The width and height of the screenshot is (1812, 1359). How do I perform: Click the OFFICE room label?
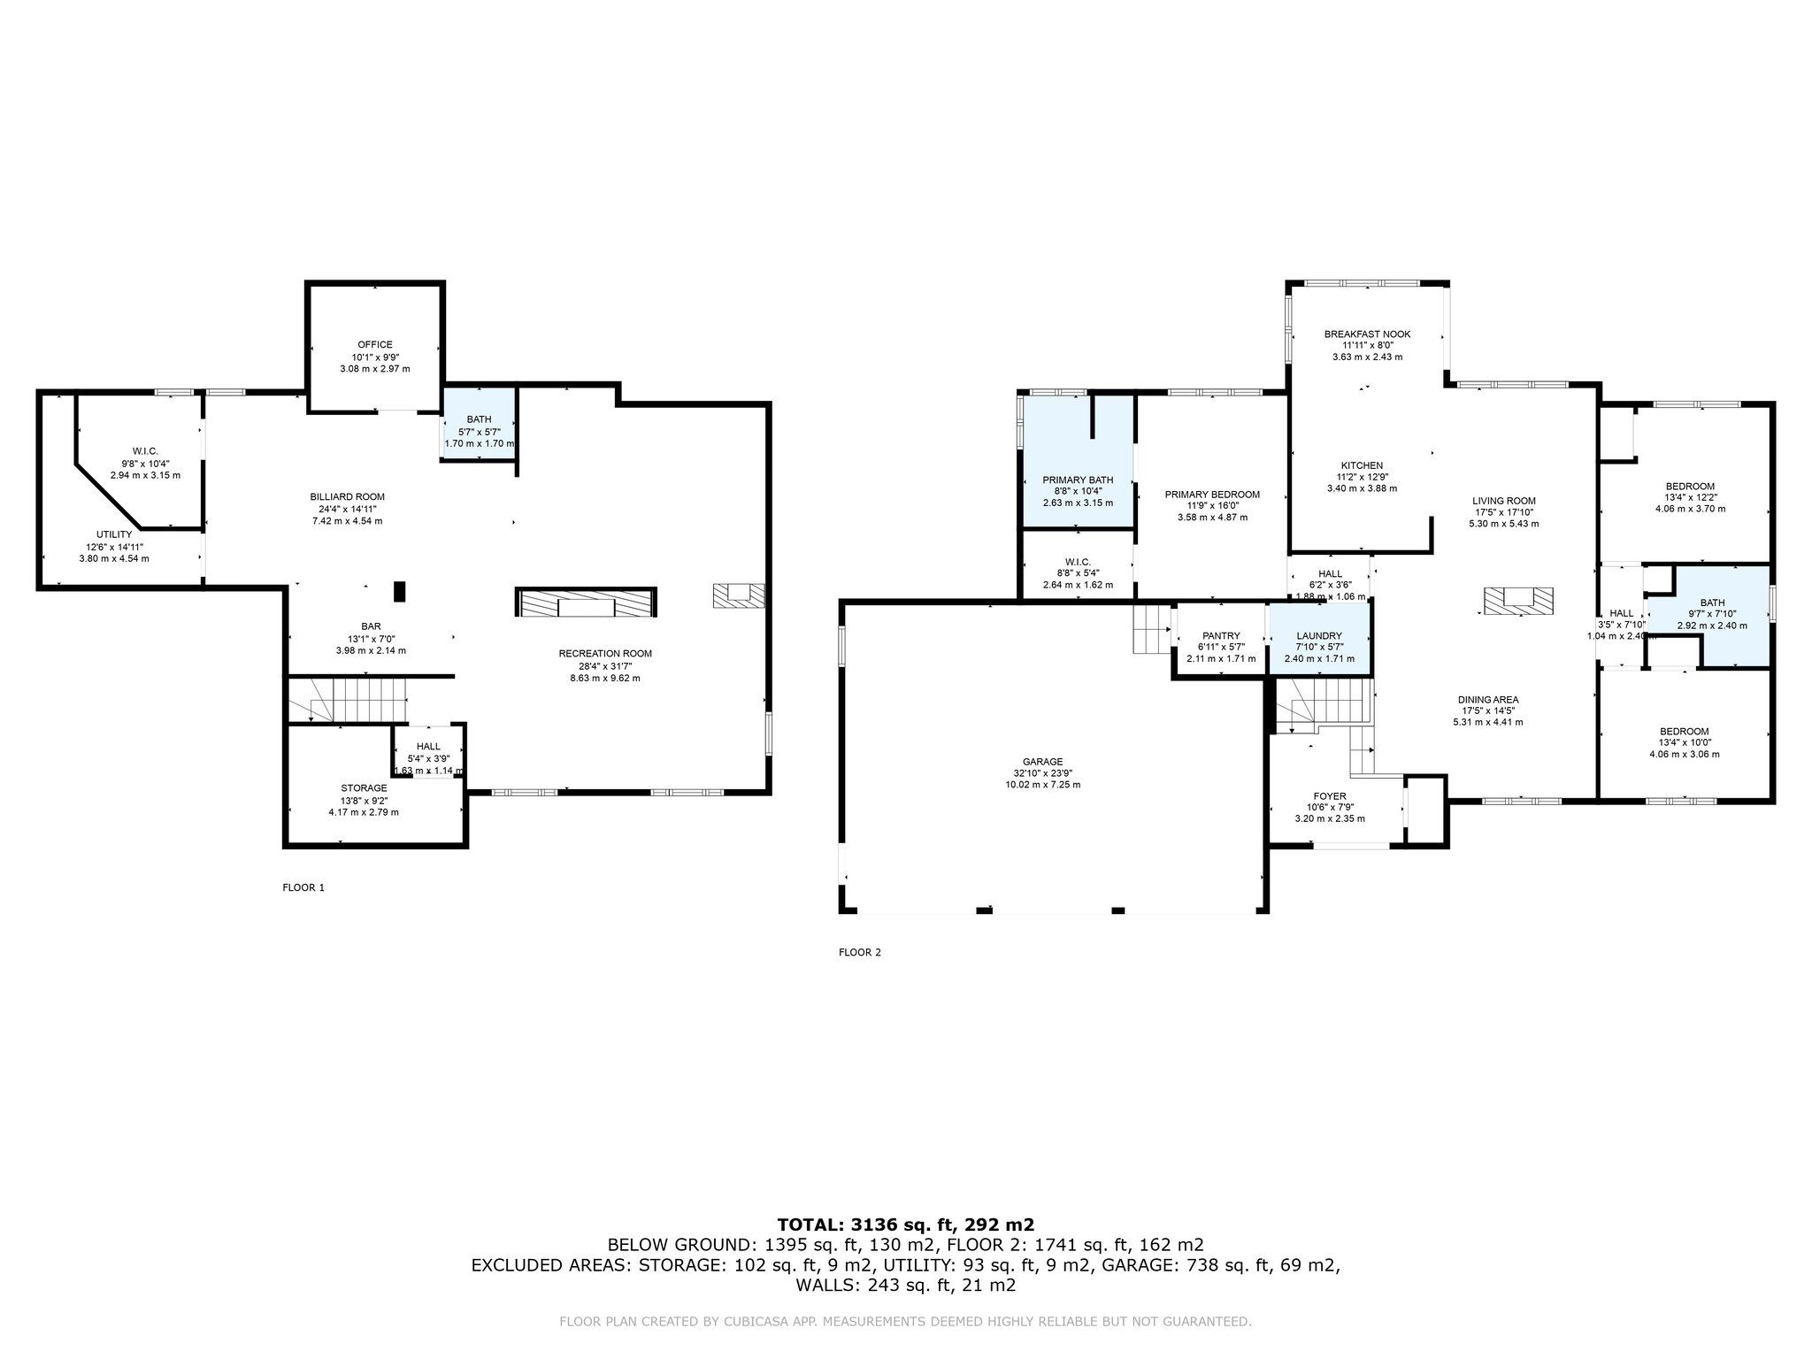coord(374,345)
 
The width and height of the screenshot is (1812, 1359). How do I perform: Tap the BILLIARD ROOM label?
coord(347,497)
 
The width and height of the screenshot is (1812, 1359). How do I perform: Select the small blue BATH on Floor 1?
coord(479,425)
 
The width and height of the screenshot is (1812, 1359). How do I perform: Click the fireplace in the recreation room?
coord(587,603)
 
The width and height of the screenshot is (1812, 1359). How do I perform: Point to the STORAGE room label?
coord(364,788)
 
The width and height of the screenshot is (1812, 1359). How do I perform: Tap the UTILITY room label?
coord(114,534)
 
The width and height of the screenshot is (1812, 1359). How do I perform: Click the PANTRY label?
coord(1221,636)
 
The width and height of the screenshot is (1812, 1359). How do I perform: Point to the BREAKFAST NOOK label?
coord(1367,334)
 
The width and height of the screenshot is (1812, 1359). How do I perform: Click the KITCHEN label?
coord(1362,465)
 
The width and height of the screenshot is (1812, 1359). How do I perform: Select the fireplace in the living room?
coord(1518,601)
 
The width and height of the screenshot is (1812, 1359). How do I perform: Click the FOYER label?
coord(1330,796)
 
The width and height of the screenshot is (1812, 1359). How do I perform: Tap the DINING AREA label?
coord(1488,700)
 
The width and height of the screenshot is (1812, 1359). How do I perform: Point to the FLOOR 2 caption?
coord(860,952)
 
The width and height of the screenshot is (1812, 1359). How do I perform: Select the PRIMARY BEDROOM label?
coord(1212,495)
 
